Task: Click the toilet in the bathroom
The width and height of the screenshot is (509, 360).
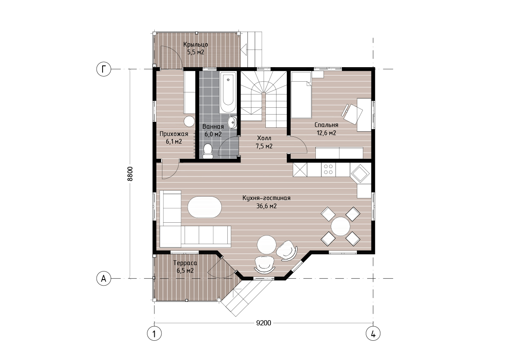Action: click(207, 152)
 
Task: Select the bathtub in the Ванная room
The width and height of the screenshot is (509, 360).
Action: click(228, 92)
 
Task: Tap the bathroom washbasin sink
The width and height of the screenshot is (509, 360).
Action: click(233, 123)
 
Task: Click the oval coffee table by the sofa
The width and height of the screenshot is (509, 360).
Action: click(205, 207)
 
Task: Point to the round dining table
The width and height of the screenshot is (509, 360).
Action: click(341, 226)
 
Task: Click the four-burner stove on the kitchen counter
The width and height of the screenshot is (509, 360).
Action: click(328, 169)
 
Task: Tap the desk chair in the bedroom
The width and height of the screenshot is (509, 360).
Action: click(352, 113)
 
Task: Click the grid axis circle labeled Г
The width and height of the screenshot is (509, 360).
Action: click(104, 69)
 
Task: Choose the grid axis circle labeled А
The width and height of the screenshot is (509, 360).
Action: click(104, 278)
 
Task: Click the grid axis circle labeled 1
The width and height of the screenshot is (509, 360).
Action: click(154, 333)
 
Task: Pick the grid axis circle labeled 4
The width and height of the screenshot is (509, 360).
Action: click(373, 333)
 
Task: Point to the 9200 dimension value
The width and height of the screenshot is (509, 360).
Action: click(264, 323)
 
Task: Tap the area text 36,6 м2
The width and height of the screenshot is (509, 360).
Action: click(267, 206)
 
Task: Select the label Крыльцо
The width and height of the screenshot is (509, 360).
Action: click(195, 44)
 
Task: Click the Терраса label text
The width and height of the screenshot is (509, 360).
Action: click(185, 263)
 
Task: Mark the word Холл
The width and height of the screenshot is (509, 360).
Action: click(264, 138)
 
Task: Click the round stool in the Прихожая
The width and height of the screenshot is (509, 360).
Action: click(189, 121)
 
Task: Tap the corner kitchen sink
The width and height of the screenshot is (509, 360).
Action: click(360, 174)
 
